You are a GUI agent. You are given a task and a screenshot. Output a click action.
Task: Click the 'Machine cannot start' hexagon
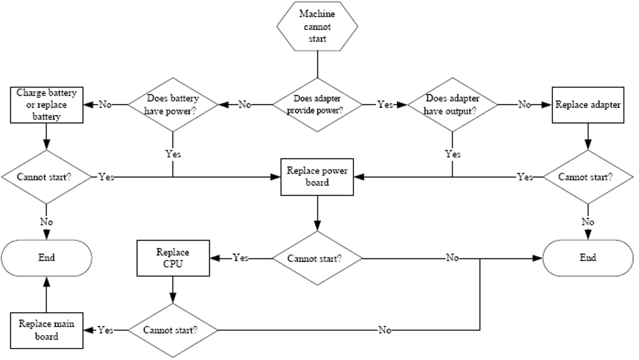pyautogui.click(x=317, y=26)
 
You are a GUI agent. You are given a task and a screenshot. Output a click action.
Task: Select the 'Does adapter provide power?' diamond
pyautogui.click(x=317, y=105)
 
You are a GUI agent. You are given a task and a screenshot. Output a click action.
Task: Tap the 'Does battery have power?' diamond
pyautogui.click(x=173, y=105)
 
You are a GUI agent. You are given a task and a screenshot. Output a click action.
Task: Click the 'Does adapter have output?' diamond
pyautogui.click(x=452, y=105)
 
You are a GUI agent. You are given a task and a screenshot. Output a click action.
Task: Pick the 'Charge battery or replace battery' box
pyautogui.click(x=46, y=105)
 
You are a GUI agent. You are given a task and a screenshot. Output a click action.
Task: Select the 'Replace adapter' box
pyautogui.click(x=588, y=105)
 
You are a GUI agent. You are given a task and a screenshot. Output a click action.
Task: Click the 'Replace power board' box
pyautogui.click(x=317, y=177)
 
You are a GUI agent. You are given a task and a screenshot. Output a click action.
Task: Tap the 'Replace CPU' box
pyautogui.click(x=173, y=258)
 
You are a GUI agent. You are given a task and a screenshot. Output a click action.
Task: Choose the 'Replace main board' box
pyautogui.click(x=46, y=330)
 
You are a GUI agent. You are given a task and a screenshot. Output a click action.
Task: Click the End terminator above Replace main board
pyautogui.click(x=46, y=258)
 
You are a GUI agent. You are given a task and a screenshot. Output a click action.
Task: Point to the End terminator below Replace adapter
pyautogui.click(x=588, y=258)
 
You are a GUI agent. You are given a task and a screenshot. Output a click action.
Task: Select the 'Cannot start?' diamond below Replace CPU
pyautogui.click(x=173, y=330)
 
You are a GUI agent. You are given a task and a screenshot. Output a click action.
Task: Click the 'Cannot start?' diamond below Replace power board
pyautogui.click(x=317, y=258)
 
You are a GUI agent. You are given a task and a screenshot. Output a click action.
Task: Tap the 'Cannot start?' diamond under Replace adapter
pyautogui.click(x=588, y=177)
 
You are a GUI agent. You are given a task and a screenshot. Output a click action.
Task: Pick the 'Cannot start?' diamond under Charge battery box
pyautogui.click(x=46, y=177)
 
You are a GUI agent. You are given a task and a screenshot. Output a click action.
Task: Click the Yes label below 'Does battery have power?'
pyautogui.click(x=173, y=154)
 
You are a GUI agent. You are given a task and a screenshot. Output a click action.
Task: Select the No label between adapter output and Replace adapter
pyautogui.click(x=524, y=105)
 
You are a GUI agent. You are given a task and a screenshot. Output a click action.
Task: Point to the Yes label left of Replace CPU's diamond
pyautogui.click(x=105, y=330)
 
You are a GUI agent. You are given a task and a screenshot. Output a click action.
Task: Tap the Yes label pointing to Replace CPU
pyautogui.click(x=241, y=258)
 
